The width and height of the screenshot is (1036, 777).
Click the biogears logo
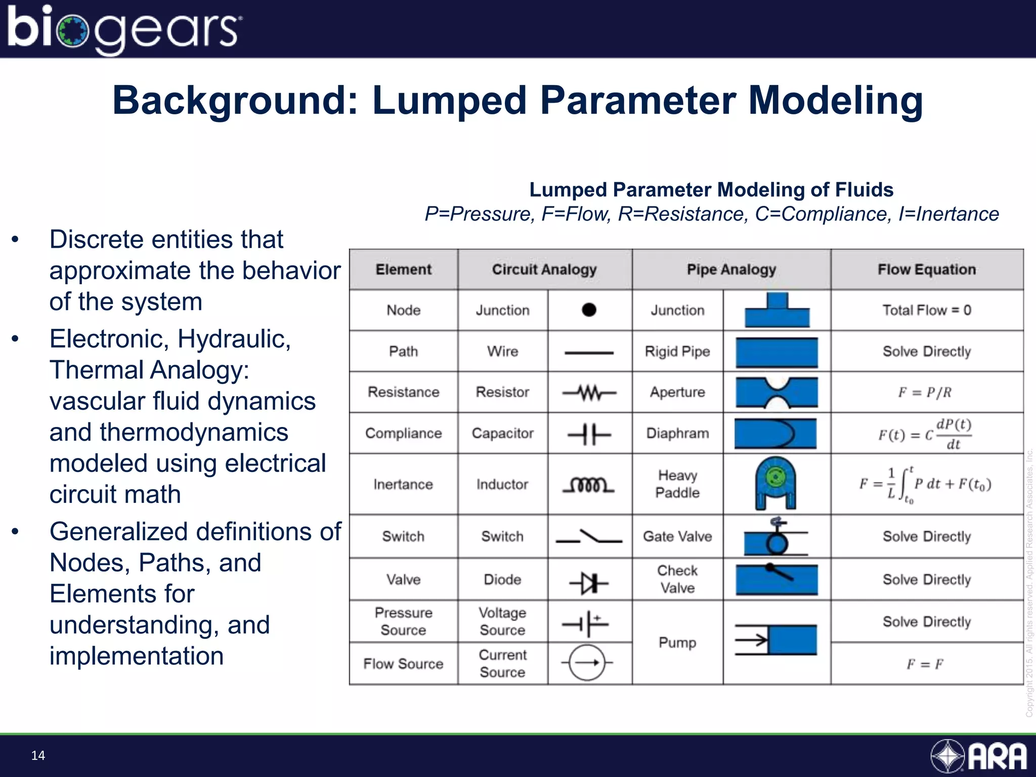click(124, 29)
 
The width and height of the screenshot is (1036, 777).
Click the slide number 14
click(38, 755)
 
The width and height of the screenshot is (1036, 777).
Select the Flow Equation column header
click(927, 270)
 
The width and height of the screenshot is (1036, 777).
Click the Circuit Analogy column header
click(544, 270)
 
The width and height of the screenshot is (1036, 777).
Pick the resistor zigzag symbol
click(589, 392)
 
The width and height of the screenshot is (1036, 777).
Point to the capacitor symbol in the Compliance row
click(589, 434)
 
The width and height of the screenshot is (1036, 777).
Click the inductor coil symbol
click(589, 485)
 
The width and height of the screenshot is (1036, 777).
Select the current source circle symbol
click(587, 663)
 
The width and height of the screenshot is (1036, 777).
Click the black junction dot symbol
click(589, 310)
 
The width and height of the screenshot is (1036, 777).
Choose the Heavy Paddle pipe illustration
click(775, 483)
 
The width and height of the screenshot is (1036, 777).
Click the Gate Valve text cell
click(677, 536)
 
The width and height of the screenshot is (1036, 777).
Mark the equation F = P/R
click(925, 393)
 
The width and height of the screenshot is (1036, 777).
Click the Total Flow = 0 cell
click(927, 310)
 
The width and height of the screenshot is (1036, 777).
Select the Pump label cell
click(677, 642)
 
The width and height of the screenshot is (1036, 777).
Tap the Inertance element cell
click(403, 485)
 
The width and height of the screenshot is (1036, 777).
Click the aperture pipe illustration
click(776, 393)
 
